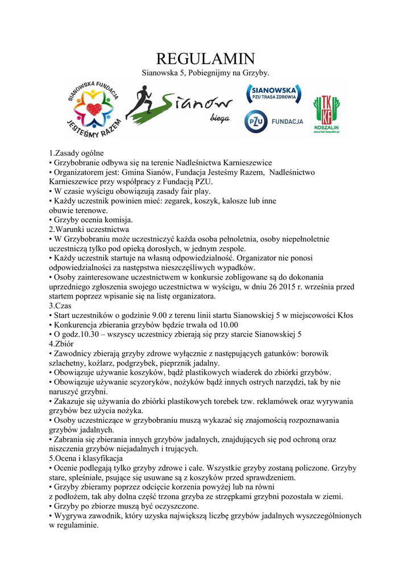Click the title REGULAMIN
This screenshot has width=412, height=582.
(205, 59)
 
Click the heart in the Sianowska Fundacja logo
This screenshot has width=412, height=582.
(94, 108)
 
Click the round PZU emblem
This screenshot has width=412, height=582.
(256, 122)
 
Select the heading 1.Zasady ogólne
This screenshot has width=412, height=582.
(76, 153)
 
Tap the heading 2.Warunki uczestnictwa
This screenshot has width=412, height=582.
(89, 230)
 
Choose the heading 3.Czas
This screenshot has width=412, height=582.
(59, 306)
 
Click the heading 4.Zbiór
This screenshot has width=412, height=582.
(61, 344)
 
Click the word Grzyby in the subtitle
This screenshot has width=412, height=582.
(255, 73)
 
